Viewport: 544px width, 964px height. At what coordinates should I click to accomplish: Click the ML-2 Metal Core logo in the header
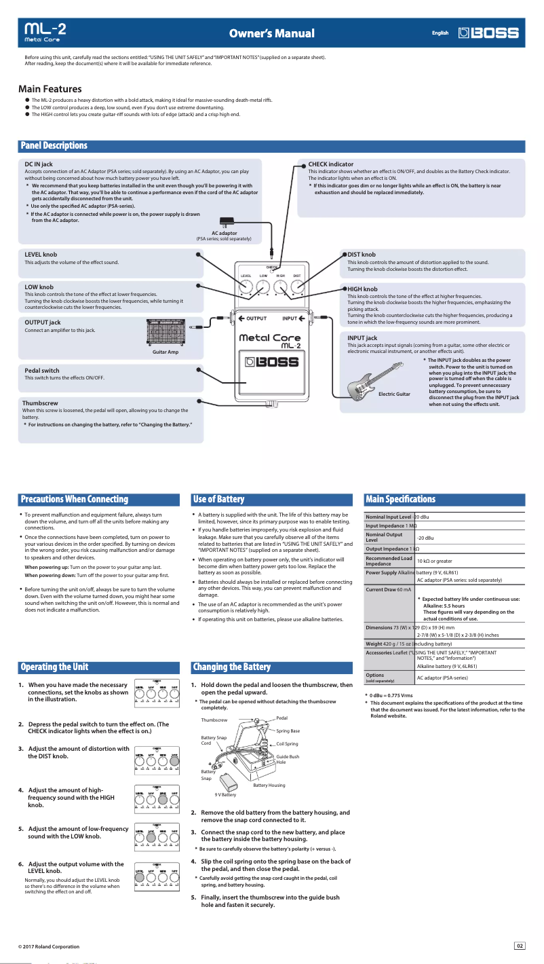tap(45, 33)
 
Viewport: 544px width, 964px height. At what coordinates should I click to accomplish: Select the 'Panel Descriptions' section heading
tap(54, 146)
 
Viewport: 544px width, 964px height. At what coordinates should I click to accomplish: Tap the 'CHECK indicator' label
tap(330, 164)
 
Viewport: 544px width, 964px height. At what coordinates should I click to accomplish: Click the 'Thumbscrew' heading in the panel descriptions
tap(40, 403)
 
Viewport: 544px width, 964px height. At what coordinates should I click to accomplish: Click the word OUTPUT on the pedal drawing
tap(256, 318)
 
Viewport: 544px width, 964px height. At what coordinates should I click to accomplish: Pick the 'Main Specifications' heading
tap(400, 500)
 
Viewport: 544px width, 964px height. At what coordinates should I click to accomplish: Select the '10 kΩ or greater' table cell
tap(434, 561)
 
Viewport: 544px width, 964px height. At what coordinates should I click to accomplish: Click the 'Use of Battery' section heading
tap(218, 500)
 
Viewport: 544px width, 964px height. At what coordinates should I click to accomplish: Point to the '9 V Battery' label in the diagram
tap(225, 794)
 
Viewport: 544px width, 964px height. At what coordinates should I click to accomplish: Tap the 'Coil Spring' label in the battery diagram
tap(287, 744)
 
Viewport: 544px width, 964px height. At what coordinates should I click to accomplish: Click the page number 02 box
tap(520, 946)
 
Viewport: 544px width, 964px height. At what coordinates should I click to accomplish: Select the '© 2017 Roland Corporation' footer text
tap(49, 946)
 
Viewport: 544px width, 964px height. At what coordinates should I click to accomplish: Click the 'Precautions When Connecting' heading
tap(74, 500)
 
